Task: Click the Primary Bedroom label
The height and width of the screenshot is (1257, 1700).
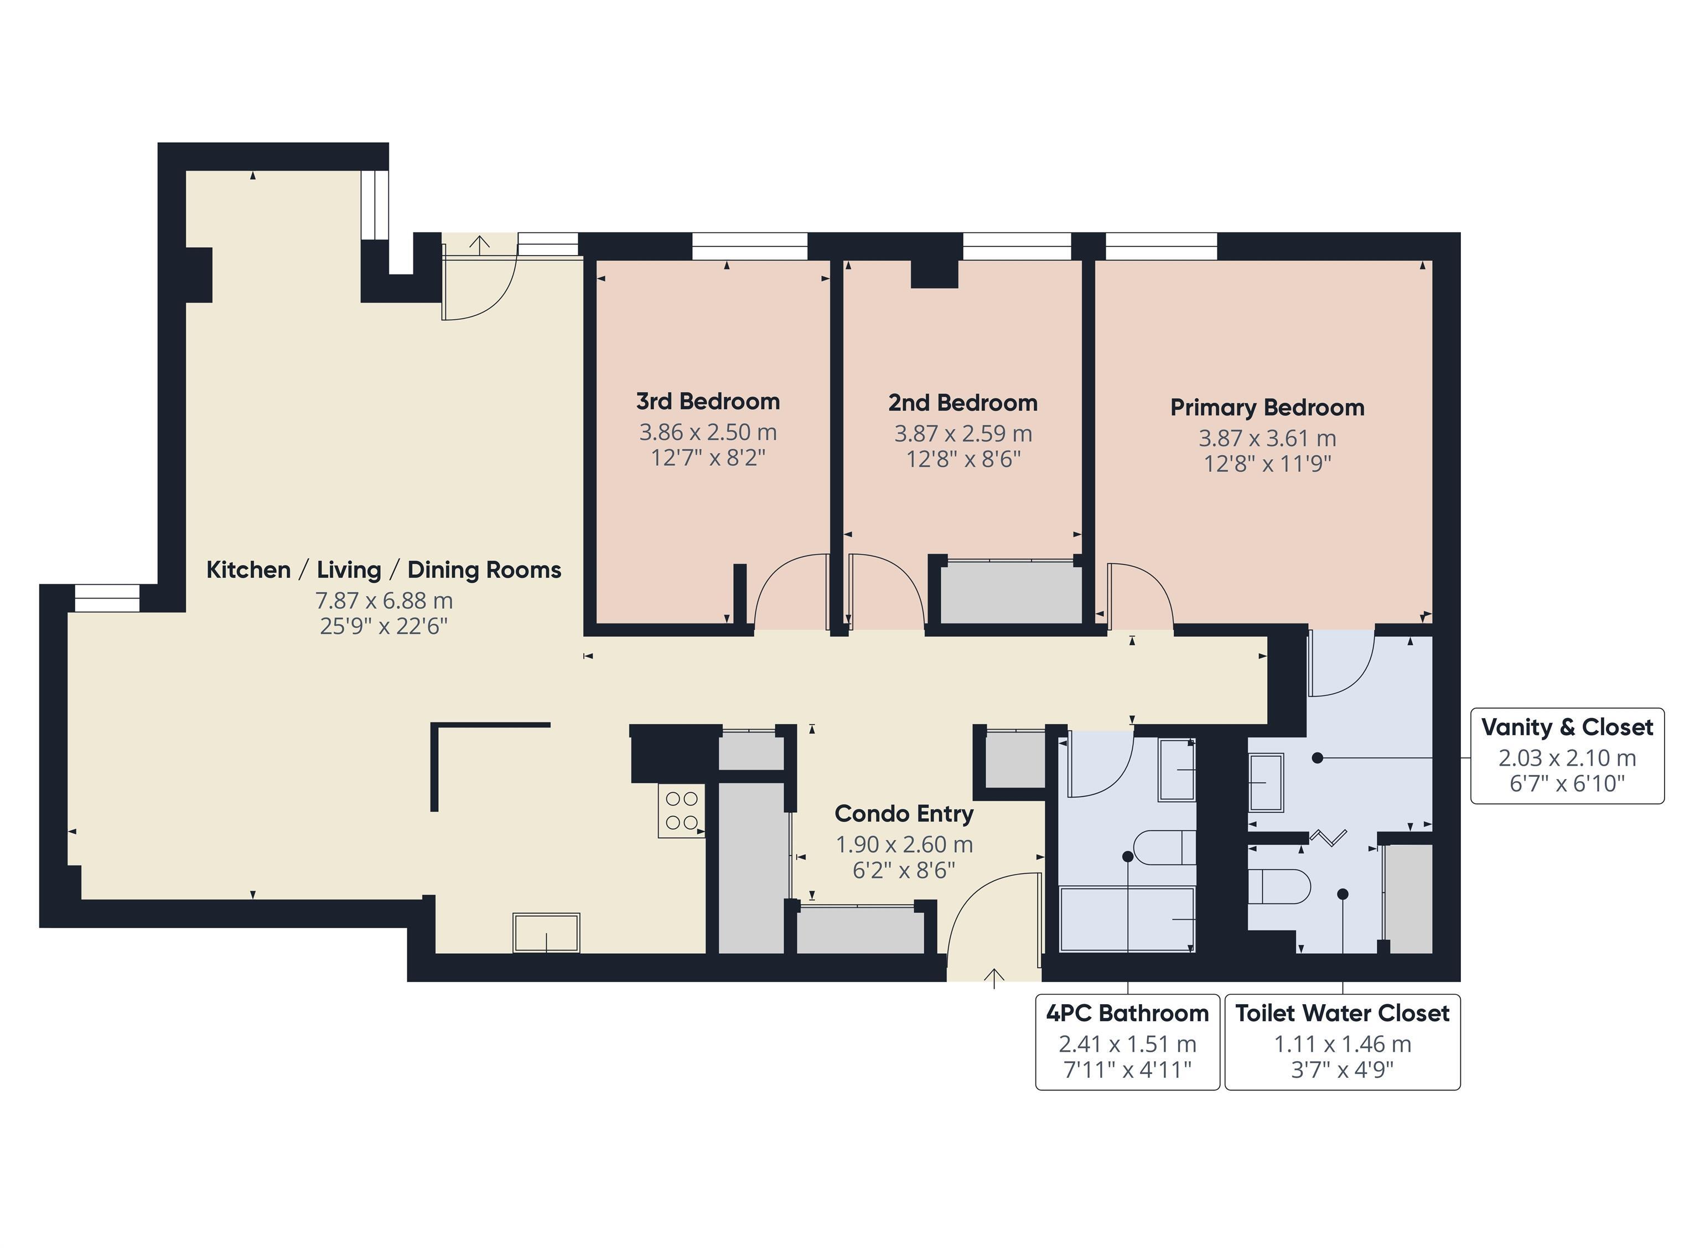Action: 1266,408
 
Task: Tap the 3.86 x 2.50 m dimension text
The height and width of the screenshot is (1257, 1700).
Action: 707,432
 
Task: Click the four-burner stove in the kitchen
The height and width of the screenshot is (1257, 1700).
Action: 682,811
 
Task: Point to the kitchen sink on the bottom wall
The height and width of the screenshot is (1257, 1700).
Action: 546,932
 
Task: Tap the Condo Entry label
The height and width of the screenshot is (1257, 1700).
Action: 903,813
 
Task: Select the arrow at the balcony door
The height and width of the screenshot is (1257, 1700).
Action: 479,244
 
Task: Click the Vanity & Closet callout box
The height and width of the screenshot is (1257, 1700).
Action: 1566,755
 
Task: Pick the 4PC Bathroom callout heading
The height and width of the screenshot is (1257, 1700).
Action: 1127,1014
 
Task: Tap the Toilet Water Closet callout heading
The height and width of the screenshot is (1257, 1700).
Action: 1341,1014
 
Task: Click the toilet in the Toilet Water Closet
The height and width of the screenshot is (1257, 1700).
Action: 1278,886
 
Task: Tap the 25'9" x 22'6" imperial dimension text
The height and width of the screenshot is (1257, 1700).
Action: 383,626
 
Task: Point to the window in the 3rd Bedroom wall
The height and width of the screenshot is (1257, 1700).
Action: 749,246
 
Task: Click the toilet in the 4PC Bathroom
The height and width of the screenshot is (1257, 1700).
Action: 1163,848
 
